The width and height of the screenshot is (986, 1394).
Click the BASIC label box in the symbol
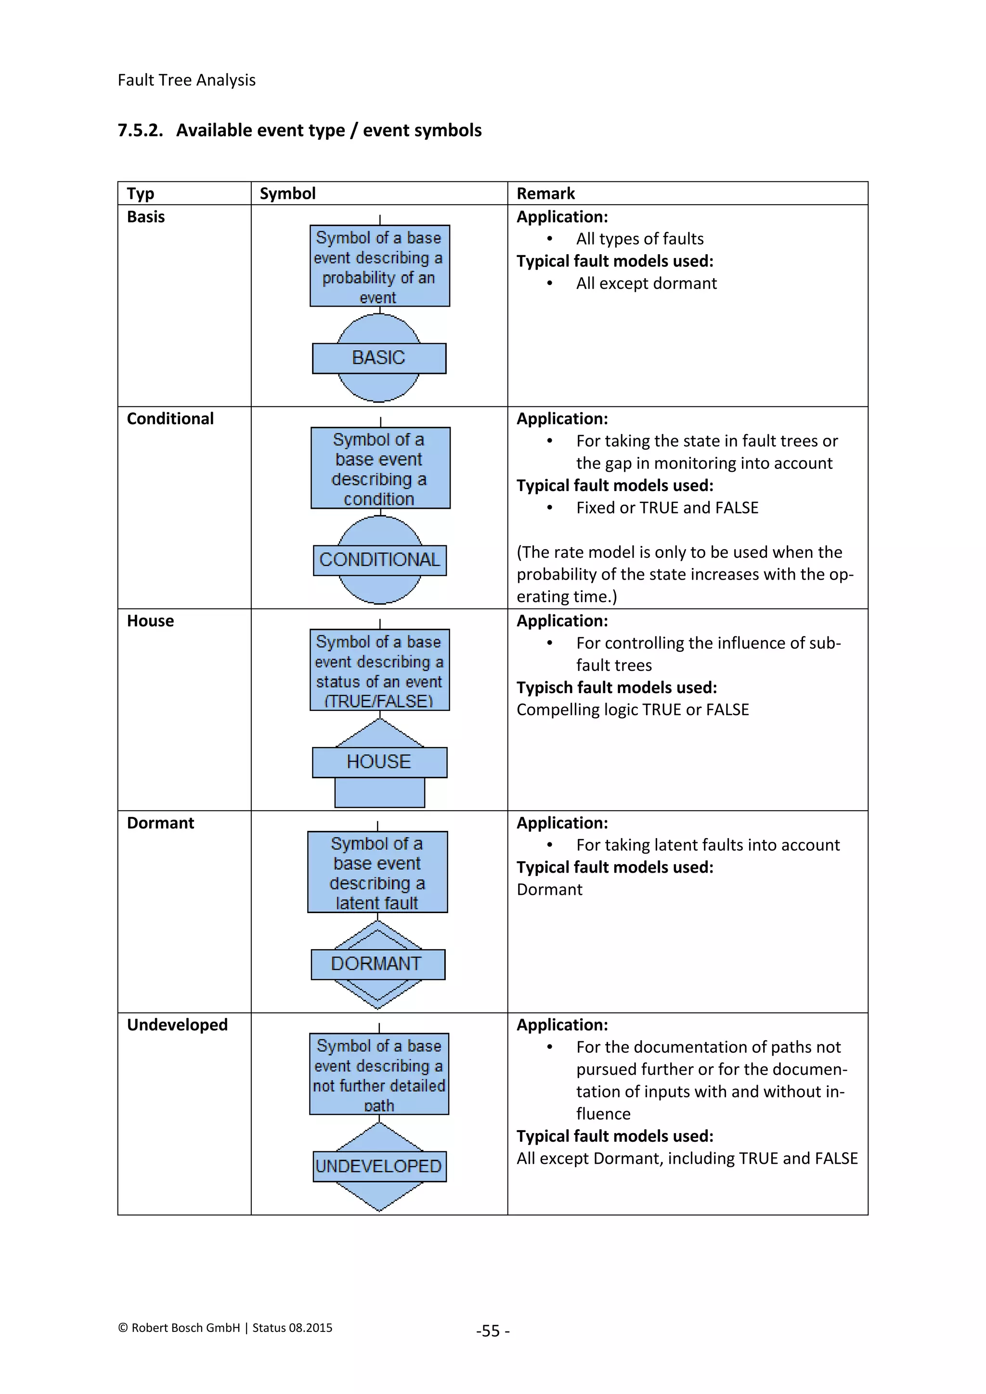pyautogui.click(x=379, y=358)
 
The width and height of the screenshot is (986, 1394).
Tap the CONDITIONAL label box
pyautogui.click(x=379, y=560)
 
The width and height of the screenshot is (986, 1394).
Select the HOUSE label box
pyautogui.click(x=379, y=762)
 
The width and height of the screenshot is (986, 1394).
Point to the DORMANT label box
pyautogui.click(x=377, y=964)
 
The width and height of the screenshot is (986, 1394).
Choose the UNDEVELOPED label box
pyautogui.click(x=379, y=1166)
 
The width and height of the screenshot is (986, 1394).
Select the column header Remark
pyautogui.click(x=545, y=194)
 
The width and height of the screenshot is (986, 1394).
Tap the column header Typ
pyautogui.click(x=140, y=194)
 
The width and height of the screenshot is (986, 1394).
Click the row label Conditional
pyautogui.click(x=170, y=419)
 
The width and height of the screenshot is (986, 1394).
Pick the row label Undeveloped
pyautogui.click(x=177, y=1025)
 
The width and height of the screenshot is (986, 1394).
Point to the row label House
pyautogui.click(x=150, y=621)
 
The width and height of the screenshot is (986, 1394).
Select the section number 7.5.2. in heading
pyautogui.click(x=140, y=130)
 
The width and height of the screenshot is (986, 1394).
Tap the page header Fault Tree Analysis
pyautogui.click(x=186, y=80)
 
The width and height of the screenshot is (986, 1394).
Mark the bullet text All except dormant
pyautogui.click(x=646, y=284)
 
